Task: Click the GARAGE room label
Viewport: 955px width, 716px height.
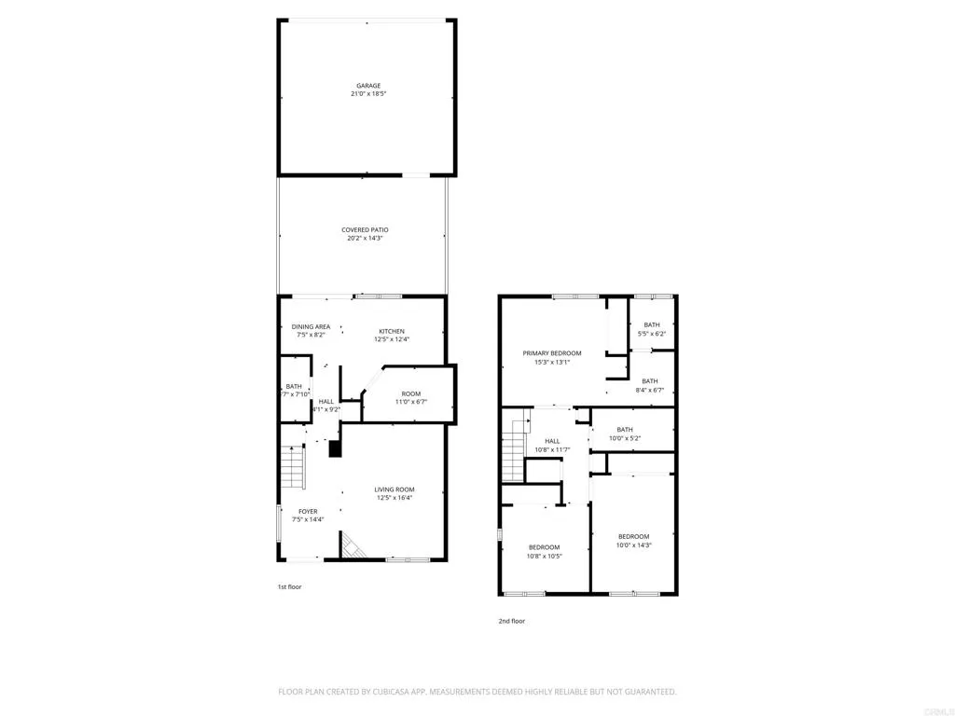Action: point(367,86)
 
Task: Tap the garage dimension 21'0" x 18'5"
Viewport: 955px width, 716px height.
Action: point(367,94)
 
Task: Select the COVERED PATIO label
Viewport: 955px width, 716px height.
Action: point(364,229)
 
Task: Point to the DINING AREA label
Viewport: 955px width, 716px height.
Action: point(311,327)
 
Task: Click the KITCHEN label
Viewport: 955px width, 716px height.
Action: point(391,331)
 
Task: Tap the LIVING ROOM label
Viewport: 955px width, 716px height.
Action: point(394,489)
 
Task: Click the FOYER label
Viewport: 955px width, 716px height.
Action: point(308,511)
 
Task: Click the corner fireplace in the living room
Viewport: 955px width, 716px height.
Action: point(353,546)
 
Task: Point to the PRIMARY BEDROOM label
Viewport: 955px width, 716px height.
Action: point(551,353)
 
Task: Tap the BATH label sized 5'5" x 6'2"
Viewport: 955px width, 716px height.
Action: point(651,325)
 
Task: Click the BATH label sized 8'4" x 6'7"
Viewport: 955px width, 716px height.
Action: point(649,380)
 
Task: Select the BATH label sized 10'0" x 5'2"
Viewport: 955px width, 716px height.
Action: point(624,430)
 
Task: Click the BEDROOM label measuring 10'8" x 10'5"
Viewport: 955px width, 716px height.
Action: point(544,547)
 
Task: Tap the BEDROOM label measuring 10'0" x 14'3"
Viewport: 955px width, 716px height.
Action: point(633,536)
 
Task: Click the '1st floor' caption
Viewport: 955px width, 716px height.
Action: point(289,586)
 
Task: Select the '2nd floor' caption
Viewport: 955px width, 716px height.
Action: point(511,620)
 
